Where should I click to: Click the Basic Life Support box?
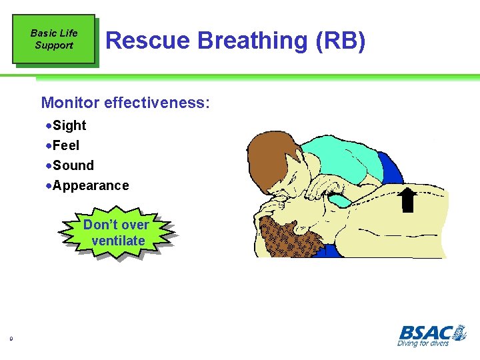54,39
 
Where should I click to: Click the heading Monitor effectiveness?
125,103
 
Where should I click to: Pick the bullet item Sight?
69,125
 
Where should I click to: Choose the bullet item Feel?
65,145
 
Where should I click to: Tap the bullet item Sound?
73,165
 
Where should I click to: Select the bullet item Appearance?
90,185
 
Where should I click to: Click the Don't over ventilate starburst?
117,233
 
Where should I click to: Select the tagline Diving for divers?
423,343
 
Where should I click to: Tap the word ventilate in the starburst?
118,241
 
